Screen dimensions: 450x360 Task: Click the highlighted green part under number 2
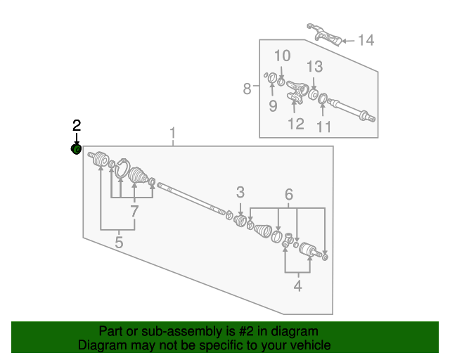point(76,149)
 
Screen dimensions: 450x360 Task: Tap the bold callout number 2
point(77,126)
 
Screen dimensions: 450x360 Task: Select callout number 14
point(366,40)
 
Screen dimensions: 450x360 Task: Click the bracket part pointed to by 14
point(324,34)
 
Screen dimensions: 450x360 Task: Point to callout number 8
point(247,89)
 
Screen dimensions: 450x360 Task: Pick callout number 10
point(283,56)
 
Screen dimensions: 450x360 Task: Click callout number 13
point(315,67)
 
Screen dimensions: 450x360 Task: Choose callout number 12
point(296,124)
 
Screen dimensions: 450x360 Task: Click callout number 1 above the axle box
point(172,133)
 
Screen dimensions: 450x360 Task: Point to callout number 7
point(134,212)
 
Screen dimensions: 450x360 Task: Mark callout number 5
point(119,243)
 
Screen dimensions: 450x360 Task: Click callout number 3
point(240,193)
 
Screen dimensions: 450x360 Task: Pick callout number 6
point(289,194)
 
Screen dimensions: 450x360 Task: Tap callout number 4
point(298,286)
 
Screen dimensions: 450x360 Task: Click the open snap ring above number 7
point(123,168)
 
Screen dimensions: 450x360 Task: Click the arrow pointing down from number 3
point(240,210)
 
